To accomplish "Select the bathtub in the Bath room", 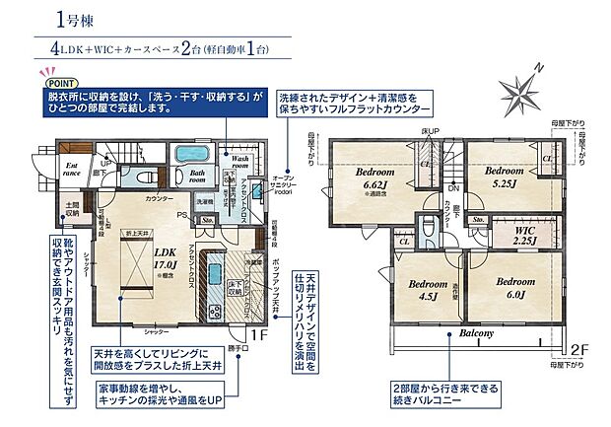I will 187,154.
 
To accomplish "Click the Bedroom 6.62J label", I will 375,178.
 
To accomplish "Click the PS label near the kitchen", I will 182,210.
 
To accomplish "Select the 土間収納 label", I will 71,210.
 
